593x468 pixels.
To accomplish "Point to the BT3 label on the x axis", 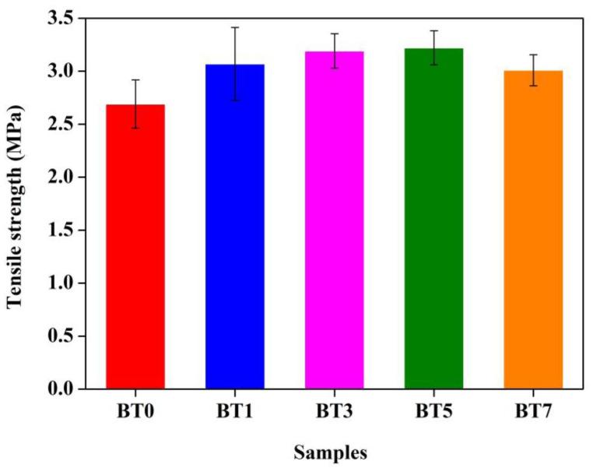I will tap(334, 411).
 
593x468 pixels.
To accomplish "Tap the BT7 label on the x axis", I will tap(533, 411).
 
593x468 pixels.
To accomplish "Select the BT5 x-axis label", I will tap(433, 411).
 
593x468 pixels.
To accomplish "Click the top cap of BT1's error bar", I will tap(234, 27).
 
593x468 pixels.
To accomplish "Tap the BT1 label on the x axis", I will tap(234, 411).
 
